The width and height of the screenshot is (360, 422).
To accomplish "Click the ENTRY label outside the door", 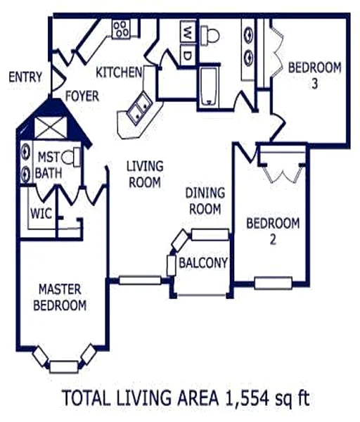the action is [25, 77].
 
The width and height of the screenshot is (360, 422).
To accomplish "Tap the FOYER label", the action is [82, 96].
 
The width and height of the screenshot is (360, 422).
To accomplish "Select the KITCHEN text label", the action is [119, 72].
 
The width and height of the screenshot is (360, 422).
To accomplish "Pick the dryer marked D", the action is [188, 55].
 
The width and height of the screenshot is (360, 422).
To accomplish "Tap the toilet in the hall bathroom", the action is [210, 36].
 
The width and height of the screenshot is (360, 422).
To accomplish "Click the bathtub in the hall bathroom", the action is [209, 86].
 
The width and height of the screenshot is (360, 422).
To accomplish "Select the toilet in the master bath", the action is [71, 157].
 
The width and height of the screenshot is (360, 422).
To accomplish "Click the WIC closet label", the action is [41, 213].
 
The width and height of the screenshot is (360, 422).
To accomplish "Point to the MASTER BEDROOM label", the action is [60, 297].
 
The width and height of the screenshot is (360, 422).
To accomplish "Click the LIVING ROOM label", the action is [145, 174].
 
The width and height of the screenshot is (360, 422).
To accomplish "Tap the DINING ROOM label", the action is [205, 200].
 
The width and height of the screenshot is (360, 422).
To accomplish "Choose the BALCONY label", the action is [203, 262].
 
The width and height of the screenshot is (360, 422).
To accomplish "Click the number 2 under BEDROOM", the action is [273, 240].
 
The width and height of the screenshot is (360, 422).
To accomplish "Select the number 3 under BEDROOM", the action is [315, 83].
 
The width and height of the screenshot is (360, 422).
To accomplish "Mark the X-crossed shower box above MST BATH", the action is [51, 127].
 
